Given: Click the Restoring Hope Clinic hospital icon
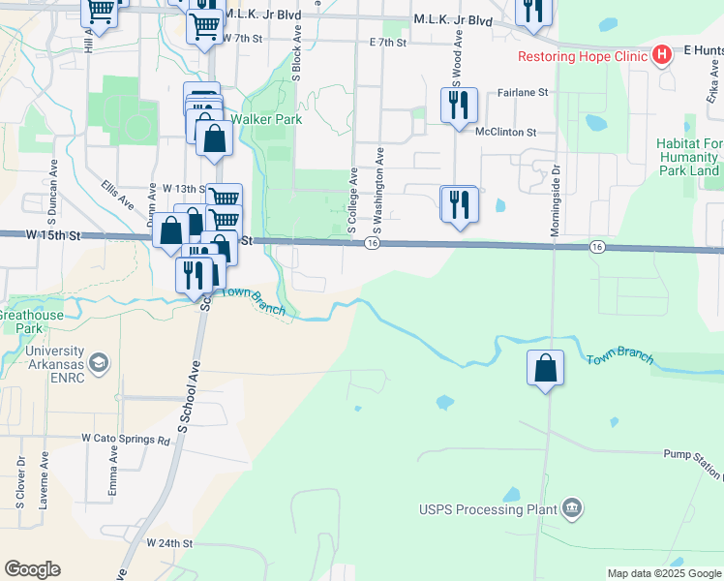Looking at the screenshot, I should (x=662, y=55).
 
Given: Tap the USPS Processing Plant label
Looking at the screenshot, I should (x=489, y=509).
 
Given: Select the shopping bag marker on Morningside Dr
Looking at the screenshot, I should (x=546, y=369).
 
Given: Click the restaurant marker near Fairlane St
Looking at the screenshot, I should (x=459, y=104).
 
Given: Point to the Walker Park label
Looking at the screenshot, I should (x=272, y=119).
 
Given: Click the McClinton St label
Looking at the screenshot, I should (x=504, y=132).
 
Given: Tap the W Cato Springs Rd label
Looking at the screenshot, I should (x=125, y=438).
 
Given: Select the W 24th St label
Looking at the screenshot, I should (x=169, y=543).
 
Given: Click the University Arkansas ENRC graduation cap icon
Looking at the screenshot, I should (x=98, y=363).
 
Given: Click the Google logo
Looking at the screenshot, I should (x=32, y=569).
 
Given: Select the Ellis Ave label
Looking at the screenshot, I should (x=115, y=196).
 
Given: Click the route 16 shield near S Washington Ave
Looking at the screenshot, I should (x=372, y=244).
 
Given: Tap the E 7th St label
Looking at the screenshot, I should (x=387, y=43).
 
